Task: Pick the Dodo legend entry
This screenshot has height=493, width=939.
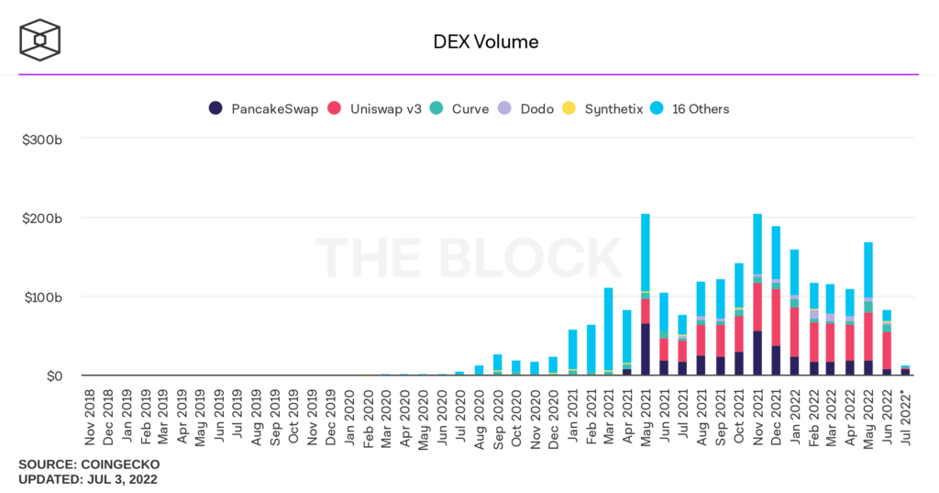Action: point(526,108)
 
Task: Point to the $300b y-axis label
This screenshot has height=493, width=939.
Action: point(43,139)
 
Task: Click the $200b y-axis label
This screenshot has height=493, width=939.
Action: point(43,218)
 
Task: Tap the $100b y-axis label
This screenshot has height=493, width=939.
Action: point(43,297)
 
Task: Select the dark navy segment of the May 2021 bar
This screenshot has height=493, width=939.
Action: point(646,349)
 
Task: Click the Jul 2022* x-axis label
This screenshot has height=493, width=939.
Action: point(906,418)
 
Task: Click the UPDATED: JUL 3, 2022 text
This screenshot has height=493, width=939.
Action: point(88,480)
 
